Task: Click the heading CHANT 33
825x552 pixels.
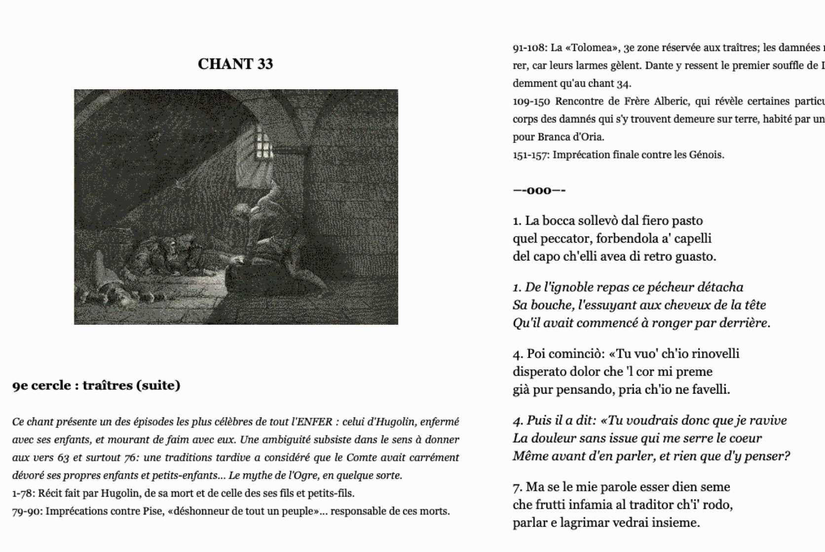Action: (235, 64)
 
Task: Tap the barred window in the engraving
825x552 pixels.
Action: (262, 143)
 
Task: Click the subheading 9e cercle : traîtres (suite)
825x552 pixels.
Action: (96, 385)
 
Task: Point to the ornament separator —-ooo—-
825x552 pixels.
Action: (539, 191)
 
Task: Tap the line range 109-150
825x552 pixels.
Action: (531, 102)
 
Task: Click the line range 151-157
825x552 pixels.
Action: (530, 155)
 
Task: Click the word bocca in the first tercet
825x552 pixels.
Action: (559, 221)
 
